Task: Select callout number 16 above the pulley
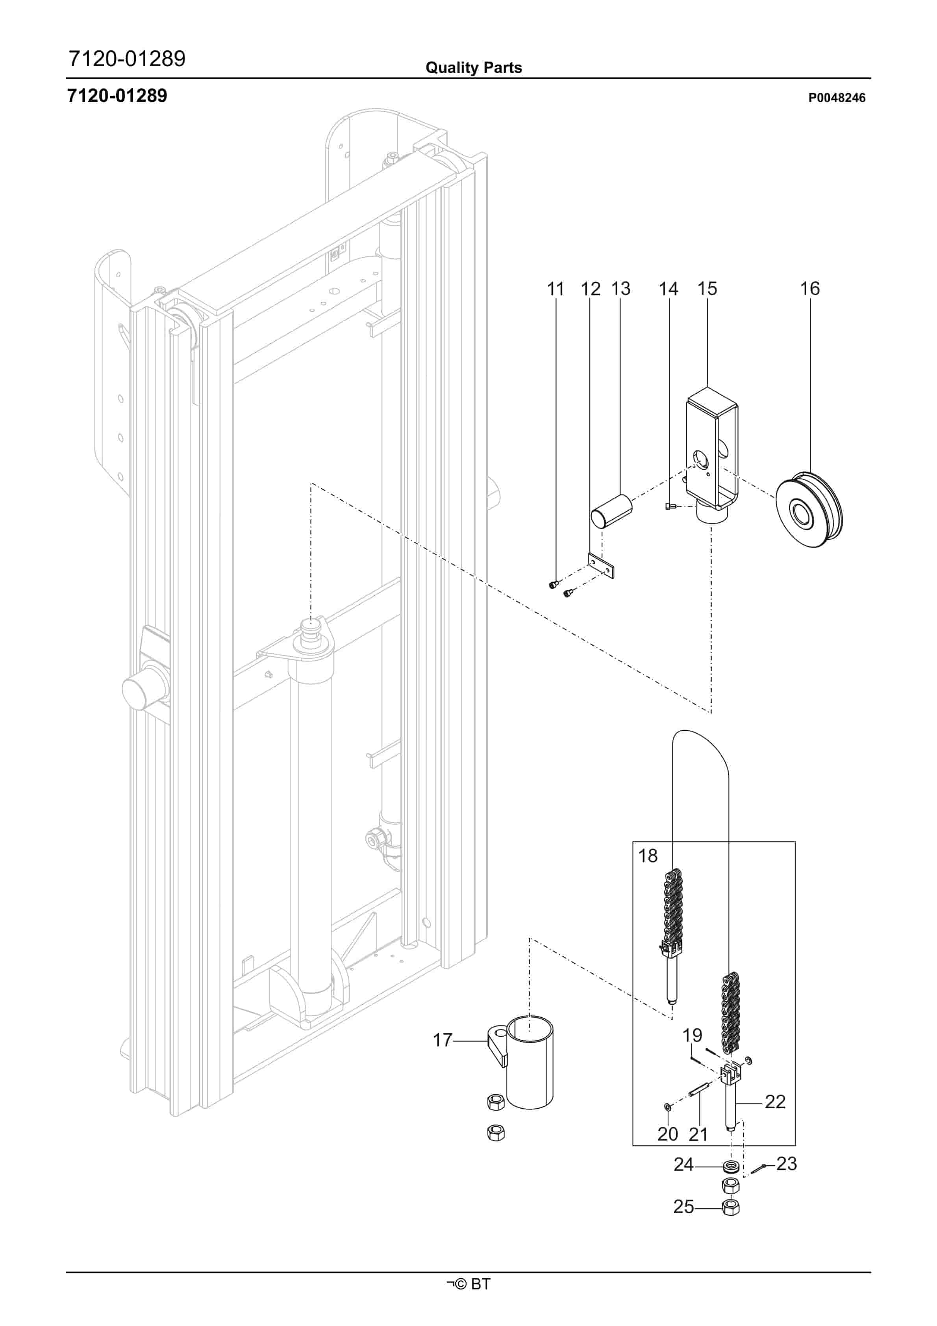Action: click(x=809, y=289)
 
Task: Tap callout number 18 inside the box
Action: click(x=648, y=855)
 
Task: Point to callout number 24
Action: click(x=683, y=1164)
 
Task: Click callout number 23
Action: click(x=786, y=1163)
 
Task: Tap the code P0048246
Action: click(x=837, y=98)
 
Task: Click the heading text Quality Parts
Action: click(x=474, y=68)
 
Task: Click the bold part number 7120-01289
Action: click(x=117, y=96)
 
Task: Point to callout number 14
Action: click(x=668, y=289)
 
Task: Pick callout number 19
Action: click(x=692, y=1035)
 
